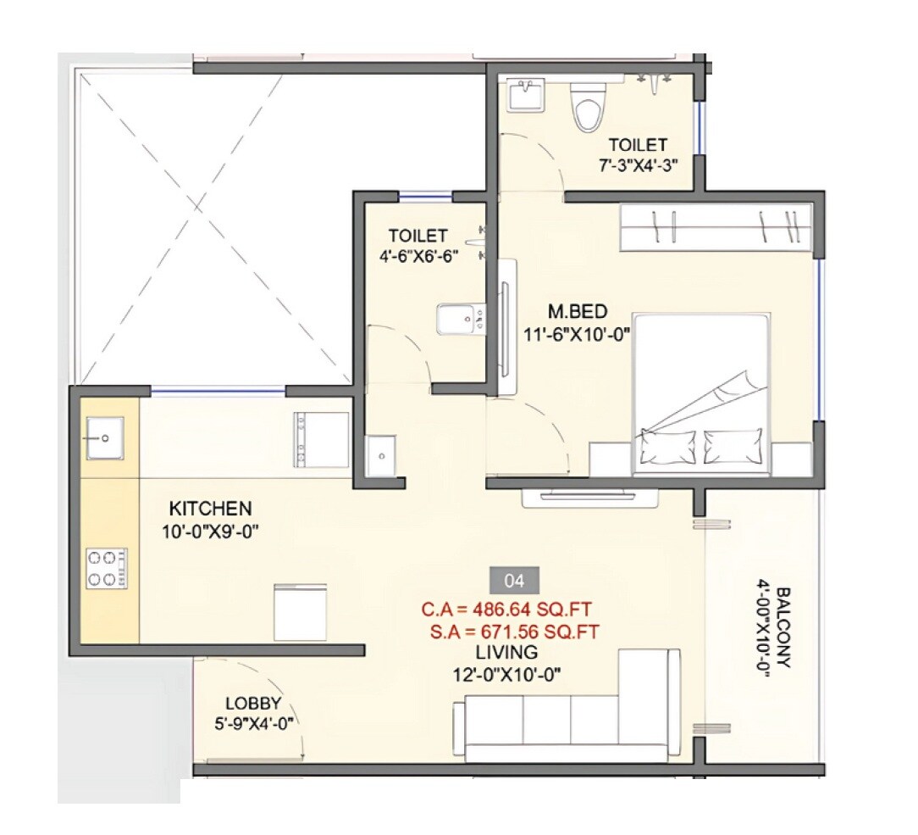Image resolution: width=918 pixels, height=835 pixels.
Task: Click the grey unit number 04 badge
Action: pos(514,582)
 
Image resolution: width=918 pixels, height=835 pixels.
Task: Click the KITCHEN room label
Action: pos(210,509)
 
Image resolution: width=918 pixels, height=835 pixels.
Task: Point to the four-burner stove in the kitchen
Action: pos(106,568)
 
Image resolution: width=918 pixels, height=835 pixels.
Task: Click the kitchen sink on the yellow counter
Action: pos(104,437)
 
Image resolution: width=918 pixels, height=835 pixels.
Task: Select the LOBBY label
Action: pos(253,703)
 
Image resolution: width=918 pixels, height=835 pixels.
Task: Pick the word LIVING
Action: pos(506,653)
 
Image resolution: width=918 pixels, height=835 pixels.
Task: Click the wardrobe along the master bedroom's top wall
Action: pos(718,227)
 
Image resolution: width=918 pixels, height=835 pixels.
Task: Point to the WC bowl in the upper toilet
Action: pos(589,107)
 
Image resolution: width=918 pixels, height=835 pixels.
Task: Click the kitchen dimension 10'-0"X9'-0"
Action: pos(210,532)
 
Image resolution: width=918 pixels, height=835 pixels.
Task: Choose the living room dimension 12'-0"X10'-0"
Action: pos(506,676)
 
